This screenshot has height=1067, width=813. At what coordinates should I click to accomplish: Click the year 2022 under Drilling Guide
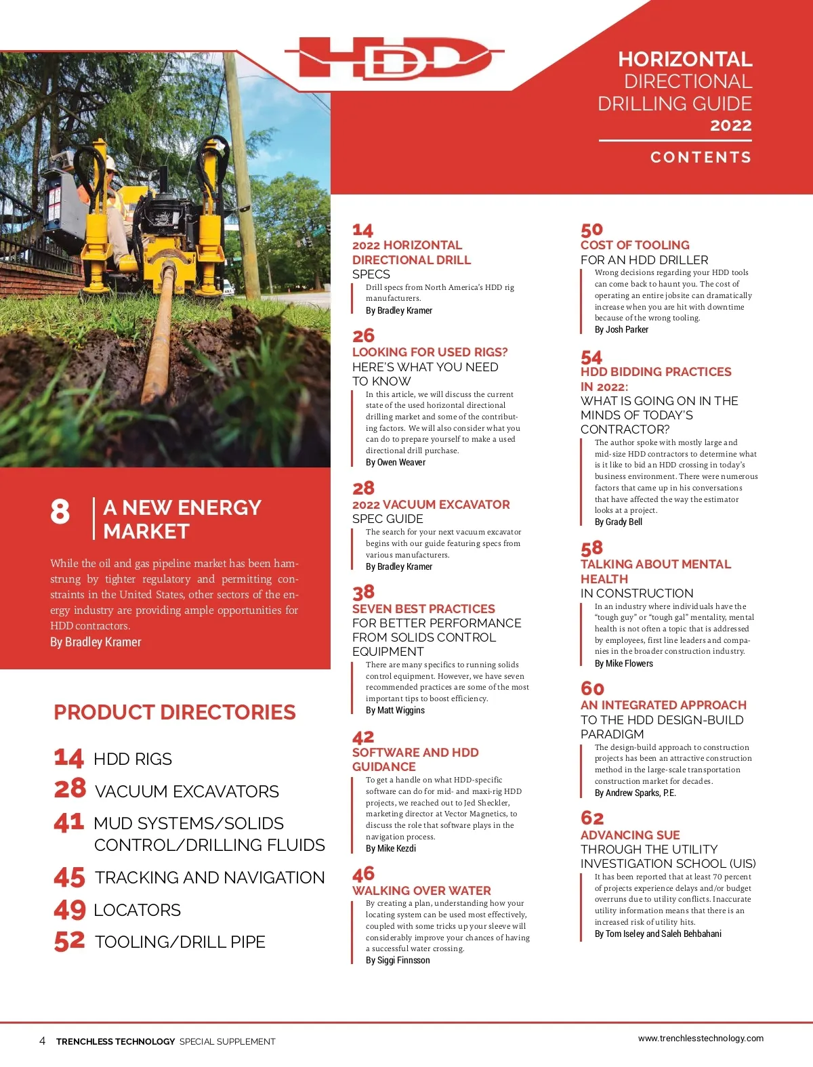tap(730, 125)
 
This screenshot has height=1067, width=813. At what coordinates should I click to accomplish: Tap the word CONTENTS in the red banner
tap(701, 157)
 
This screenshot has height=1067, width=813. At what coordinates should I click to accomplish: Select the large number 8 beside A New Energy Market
tap(60, 511)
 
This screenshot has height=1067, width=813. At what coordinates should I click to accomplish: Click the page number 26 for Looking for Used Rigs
tap(363, 336)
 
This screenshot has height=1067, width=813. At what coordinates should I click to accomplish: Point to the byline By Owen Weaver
tap(396, 463)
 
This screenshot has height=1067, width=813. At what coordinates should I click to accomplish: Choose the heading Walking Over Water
tap(421, 891)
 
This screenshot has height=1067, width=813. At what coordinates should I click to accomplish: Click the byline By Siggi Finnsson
tap(398, 961)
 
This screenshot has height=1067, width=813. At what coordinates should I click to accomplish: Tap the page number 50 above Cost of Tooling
tap(591, 230)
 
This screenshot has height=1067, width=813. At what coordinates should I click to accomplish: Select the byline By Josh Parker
tap(621, 330)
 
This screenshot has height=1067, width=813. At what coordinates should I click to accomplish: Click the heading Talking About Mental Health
tap(655, 571)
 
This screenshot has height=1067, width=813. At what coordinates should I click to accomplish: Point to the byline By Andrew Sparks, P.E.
tap(635, 793)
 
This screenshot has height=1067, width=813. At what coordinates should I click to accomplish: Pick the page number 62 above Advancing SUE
tap(592, 818)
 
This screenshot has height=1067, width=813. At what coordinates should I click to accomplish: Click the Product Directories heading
tap(175, 713)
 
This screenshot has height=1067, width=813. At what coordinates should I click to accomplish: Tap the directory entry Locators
tap(138, 910)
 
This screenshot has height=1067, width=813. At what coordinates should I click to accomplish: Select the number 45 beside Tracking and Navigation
tap(69, 878)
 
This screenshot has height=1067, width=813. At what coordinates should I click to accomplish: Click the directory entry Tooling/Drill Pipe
tap(180, 942)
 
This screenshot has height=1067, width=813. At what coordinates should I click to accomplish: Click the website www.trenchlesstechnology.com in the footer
tap(701, 1039)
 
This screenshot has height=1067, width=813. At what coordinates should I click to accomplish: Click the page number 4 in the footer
tap(42, 1041)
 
